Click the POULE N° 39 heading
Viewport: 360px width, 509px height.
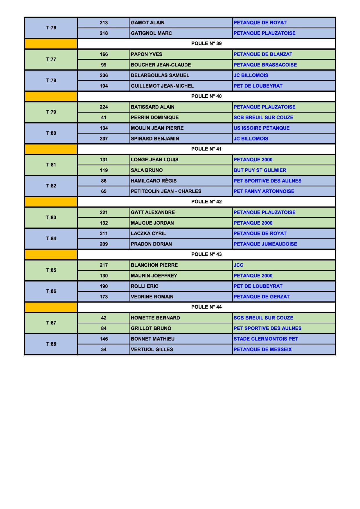click(x=206, y=44)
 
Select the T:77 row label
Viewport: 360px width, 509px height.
click(x=51, y=59)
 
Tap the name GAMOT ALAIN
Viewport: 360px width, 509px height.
click(x=147, y=23)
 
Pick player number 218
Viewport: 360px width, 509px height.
click(x=104, y=33)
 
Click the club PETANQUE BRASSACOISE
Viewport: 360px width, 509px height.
click(x=265, y=65)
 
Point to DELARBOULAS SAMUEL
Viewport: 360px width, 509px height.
click(x=160, y=75)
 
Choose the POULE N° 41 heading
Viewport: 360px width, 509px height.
click(x=206, y=149)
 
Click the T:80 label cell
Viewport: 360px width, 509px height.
click(x=51, y=133)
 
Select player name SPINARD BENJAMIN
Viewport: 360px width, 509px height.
click(x=155, y=139)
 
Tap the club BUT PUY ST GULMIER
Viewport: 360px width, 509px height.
click(x=260, y=170)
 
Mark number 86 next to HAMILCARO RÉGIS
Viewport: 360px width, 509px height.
click(x=104, y=181)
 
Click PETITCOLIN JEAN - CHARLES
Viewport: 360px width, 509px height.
click(x=166, y=191)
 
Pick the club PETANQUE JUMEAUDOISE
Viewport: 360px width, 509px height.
click(x=265, y=244)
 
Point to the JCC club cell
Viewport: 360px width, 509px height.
click(x=238, y=265)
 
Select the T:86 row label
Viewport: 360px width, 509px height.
click(x=51, y=291)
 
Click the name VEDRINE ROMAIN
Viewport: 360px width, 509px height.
click(x=152, y=297)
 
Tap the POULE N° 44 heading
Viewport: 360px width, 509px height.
click(x=206, y=307)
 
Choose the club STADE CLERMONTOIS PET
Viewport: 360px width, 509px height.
click(x=266, y=339)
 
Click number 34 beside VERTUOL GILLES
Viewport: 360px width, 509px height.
click(x=104, y=349)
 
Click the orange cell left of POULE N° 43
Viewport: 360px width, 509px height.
click(x=51, y=255)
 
